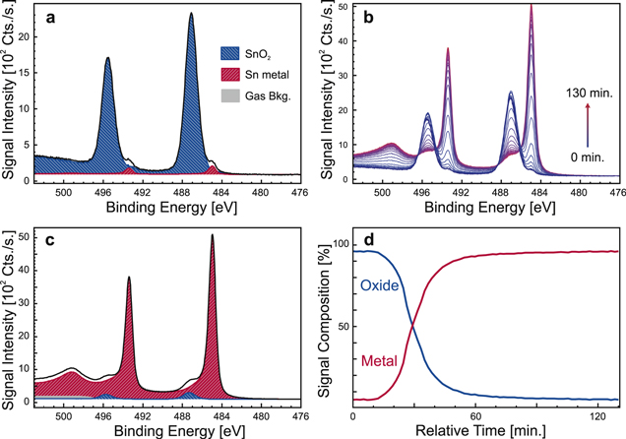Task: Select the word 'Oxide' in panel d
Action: click(x=379, y=286)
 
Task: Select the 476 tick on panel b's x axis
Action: click(x=613, y=193)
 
